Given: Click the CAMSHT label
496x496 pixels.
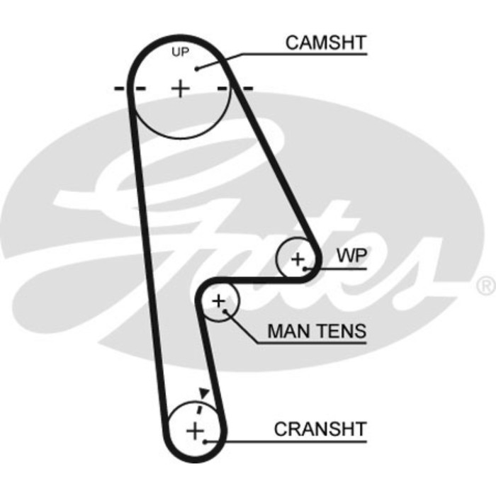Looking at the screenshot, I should pos(325,43).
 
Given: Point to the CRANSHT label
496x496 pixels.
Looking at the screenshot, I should pos(320,429).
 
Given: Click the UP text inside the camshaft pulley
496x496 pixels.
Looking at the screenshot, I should pos(181,52).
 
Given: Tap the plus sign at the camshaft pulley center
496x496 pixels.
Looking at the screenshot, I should pos(181,89).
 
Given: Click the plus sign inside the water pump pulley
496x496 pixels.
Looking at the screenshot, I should pos(297,258).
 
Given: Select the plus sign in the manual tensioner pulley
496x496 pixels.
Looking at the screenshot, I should pos(219,302).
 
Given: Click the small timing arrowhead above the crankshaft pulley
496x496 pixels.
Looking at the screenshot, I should pos(204,392).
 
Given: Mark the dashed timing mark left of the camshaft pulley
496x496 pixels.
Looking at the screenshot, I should pos(129,89).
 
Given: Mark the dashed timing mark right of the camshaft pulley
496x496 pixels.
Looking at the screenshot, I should pos(236,89).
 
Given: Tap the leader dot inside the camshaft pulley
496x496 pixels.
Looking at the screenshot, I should pos(199,67).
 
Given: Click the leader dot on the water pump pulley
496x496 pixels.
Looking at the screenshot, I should pos(305,269).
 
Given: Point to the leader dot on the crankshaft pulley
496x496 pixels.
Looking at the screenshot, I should pos(205,441).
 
